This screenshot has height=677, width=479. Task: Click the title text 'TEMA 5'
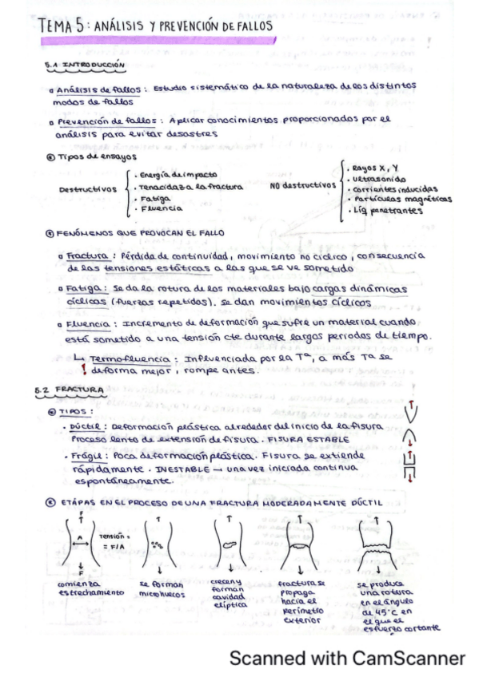coord(61,26)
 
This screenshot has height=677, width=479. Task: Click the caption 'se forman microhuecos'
coord(162,588)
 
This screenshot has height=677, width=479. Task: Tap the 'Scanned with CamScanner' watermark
coord(347,659)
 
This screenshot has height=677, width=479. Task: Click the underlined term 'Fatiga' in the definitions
coord(83,288)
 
